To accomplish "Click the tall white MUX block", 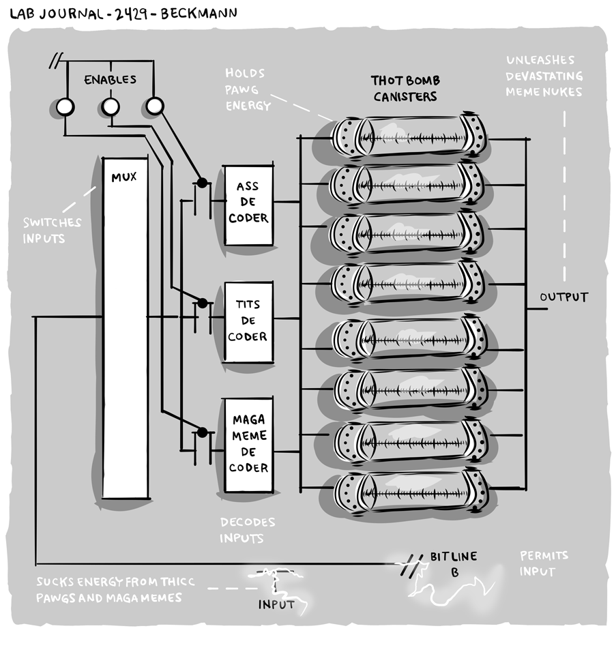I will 125,327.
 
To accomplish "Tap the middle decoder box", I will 248,321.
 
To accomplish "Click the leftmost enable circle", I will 65,106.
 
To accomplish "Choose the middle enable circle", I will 111,106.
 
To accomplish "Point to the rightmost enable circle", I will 155,105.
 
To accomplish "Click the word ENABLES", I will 110,80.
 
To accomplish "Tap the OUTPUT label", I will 564,297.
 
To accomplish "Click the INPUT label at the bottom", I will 276,604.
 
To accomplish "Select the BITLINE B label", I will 454,564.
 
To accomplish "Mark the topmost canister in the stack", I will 409,135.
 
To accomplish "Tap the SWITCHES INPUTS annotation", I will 52,231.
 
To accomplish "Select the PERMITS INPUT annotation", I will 544,563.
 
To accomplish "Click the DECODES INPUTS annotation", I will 247,530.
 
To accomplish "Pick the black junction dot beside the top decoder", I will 201,182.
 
